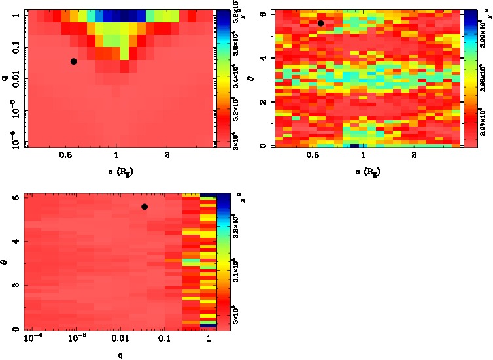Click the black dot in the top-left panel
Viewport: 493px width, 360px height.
click(x=74, y=61)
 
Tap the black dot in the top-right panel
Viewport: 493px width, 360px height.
click(x=320, y=24)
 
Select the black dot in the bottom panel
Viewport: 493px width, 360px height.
click(x=144, y=206)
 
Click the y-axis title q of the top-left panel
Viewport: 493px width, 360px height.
click(x=5, y=78)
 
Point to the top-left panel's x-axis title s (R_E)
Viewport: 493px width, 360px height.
click(x=116, y=172)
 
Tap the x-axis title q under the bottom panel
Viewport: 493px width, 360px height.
click(x=121, y=356)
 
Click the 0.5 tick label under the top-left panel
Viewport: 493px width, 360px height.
click(x=65, y=156)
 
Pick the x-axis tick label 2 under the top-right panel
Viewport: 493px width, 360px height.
click(x=414, y=156)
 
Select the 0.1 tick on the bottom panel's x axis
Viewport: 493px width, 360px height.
click(x=163, y=340)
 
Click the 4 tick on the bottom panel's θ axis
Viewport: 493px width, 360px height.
click(x=16, y=242)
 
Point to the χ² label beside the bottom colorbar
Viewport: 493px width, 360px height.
click(x=239, y=195)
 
